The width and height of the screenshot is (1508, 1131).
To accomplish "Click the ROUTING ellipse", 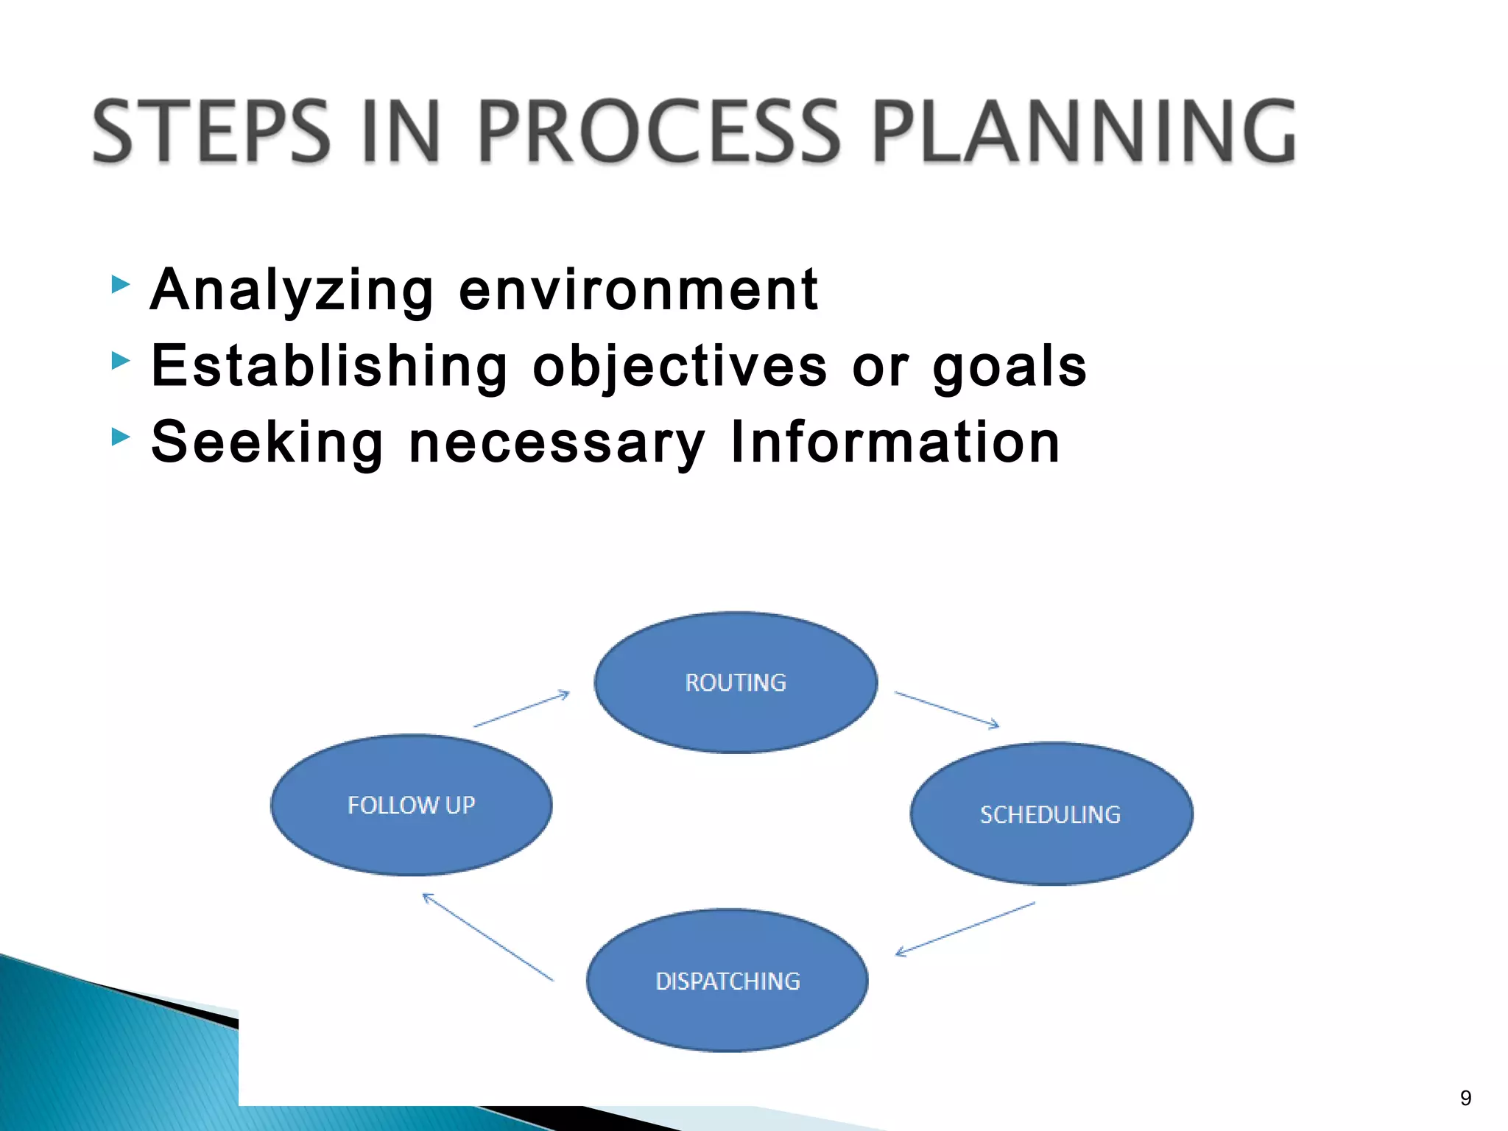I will (x=736, y=682).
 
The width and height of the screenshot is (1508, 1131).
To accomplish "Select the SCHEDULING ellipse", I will (x=1051, y=814).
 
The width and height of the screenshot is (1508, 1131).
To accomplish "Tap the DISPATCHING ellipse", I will (x=727, y=980).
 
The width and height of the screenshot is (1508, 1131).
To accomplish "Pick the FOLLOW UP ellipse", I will (x=411, y=805).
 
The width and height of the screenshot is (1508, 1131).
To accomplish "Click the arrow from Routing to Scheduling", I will (x=947, y=710).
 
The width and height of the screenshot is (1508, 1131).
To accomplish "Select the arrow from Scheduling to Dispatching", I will (x=965, y=929).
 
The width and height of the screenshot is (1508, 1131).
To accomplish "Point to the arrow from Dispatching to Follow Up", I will (x=487, y=937).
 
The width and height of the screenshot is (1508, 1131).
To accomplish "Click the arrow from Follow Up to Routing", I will (x=521, y=708).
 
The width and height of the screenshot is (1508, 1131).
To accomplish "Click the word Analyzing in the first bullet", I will (x=292, y=291).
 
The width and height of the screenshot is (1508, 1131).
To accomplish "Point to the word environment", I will (x=638, y=291).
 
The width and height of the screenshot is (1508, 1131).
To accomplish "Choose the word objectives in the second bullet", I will (x=680, y=367).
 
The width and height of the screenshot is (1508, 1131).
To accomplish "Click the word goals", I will (x=1010, y=367).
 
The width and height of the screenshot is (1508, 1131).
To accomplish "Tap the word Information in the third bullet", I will (x=895, y=443).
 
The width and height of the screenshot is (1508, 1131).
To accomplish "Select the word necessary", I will (x=557, y=444).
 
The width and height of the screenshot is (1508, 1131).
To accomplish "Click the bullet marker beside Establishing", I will (x=121, y=361).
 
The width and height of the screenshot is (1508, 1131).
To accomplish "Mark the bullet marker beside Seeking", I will (x=121, y=437).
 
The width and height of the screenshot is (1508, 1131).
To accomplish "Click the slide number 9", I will (x=1465, y=1098).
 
